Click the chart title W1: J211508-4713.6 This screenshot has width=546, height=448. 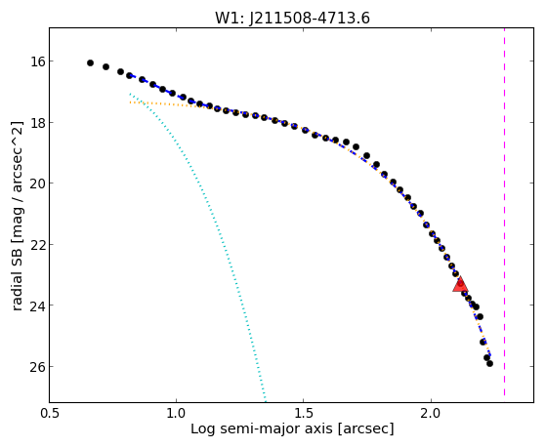292,18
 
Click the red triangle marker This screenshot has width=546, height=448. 460,284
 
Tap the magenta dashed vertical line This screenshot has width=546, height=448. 504,212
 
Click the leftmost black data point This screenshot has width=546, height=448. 90,63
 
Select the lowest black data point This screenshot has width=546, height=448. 489,363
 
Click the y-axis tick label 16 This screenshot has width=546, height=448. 38,61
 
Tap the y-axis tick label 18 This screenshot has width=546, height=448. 38,123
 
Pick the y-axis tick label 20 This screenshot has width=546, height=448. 38,183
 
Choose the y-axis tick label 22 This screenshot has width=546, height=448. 38,244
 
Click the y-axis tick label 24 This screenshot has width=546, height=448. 38,305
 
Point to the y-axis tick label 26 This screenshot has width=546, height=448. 38,367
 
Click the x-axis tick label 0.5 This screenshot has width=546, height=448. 49,413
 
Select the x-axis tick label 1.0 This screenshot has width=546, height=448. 176,413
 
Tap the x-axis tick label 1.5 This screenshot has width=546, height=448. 304,413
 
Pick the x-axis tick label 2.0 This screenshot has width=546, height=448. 431,413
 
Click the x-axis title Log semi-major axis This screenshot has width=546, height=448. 261,429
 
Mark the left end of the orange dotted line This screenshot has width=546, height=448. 130,102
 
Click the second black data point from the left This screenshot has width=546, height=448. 105,66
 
